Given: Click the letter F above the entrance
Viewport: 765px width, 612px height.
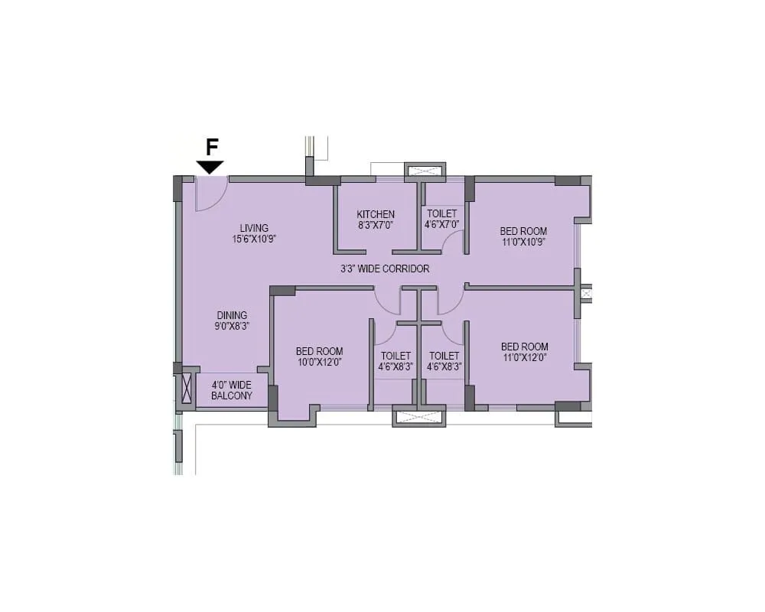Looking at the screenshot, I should (212, 148).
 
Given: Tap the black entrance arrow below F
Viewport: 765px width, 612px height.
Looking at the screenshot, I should (210, 167).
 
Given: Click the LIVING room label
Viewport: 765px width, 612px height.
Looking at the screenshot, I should (254, 228).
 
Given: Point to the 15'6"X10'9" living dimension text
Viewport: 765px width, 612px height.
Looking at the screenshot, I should (254, 239).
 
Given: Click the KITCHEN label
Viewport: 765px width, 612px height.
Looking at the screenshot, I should (376, 214).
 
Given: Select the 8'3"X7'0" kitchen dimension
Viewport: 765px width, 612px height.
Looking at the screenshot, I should (376, 225).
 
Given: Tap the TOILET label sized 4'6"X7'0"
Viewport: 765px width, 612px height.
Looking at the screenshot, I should (441, 214).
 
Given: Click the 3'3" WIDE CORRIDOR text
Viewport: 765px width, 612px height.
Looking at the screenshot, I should (385, 269).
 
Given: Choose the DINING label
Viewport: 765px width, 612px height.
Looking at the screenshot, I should (232, 315).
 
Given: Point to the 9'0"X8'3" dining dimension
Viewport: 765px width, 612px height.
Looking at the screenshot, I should (232, 326).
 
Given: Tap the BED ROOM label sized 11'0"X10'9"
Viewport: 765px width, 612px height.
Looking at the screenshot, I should (523, 231).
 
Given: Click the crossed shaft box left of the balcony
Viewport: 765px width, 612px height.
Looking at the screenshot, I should (186, 389).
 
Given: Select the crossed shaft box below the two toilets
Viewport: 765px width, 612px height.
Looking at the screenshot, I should (418, 418).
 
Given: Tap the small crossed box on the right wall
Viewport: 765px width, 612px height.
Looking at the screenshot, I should (586, 293).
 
